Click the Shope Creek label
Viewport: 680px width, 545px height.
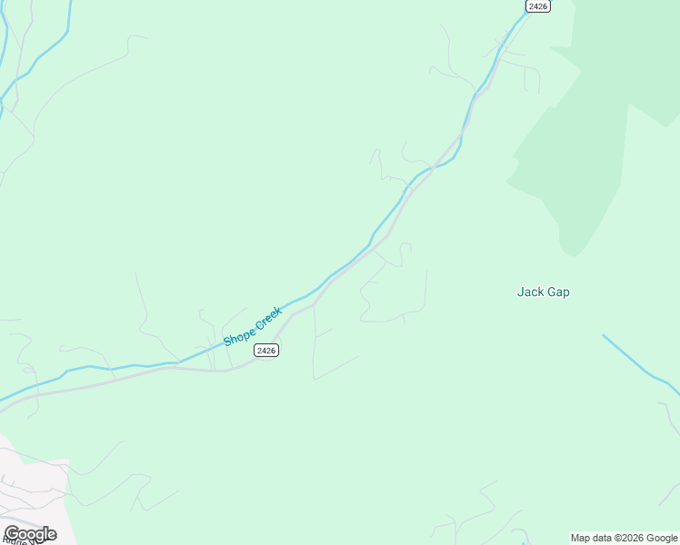tap(254, 326)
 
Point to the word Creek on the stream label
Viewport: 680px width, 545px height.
tap(270, 317)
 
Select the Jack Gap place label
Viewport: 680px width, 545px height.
tap(544, 292)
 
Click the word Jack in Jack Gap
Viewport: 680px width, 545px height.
tap(530, 292)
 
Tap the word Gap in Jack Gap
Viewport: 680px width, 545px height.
tap(558, 292)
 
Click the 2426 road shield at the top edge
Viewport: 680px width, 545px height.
tap(538, 5)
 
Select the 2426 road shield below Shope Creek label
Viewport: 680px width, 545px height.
tap(265, 350)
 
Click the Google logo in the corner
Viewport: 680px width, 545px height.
tap(30, 534)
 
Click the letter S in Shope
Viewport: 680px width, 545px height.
tap(228, 342)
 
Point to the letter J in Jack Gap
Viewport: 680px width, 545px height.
tap(521, 292)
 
